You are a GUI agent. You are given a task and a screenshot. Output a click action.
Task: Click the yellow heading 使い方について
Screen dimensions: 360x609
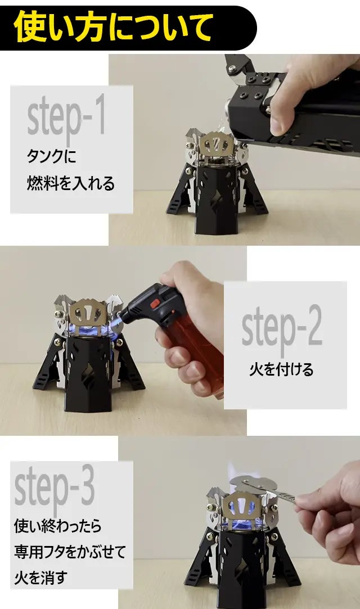(113, 26)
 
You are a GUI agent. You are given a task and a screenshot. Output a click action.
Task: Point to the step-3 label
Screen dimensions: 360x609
(55, 487)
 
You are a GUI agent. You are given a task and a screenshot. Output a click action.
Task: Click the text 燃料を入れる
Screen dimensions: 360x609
(71, 183)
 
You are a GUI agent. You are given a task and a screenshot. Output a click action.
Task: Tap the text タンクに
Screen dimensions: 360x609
(51, 156)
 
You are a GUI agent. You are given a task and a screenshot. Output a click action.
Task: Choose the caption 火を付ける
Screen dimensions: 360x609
(281, 369)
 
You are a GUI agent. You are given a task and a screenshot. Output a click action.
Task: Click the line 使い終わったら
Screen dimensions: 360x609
(58, 526)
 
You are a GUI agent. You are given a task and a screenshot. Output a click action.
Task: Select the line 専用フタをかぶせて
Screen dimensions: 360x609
(70, 552)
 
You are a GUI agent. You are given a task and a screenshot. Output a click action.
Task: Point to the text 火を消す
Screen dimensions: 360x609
(40, 578)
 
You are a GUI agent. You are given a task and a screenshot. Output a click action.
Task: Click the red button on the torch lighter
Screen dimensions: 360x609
(155, 303)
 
